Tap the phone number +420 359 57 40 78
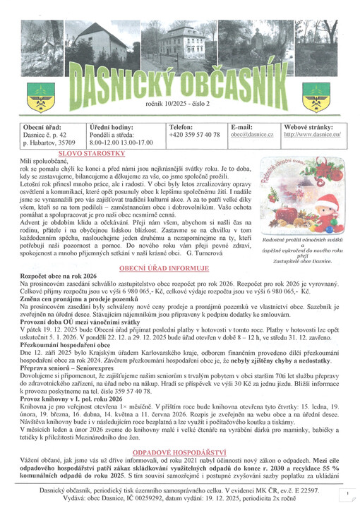tap(195, 134)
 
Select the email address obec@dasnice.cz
tap(252, 134)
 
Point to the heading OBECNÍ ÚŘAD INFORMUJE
tap(164, 268)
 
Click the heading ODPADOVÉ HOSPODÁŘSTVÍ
tap(164, 449)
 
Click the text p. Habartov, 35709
tap(49, 143)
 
